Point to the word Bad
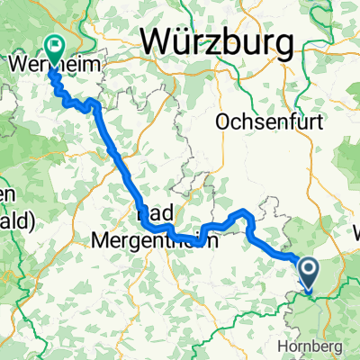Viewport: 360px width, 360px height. coord(155,215)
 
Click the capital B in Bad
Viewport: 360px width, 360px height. coord(144,215)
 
